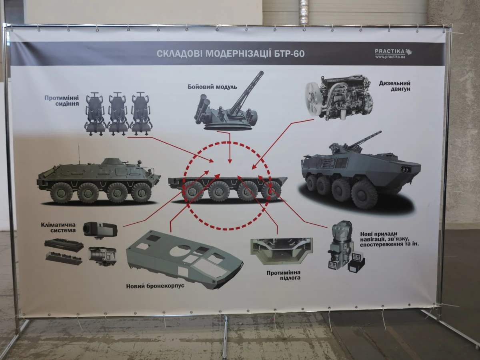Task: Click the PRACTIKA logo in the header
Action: click(x=394, y=52)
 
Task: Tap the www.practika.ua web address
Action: click(x=390, y=57)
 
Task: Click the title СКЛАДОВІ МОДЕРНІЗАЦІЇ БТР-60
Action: click(x=230, y=54)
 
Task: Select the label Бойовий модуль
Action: click(x=212, y=87)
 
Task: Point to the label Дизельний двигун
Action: click(x=395, y=86)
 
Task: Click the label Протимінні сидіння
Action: click(x=62, y=100)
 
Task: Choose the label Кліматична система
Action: click(x=58, y=227)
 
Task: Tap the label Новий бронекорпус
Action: click(x=155, y=286)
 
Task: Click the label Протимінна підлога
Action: click(x=284, y=275)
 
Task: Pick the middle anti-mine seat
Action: click(x=118, y=113)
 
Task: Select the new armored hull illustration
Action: click(x=184, y=259)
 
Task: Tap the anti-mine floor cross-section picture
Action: click(x=282, y=251)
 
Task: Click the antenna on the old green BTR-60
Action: click(x=79, y=154)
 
